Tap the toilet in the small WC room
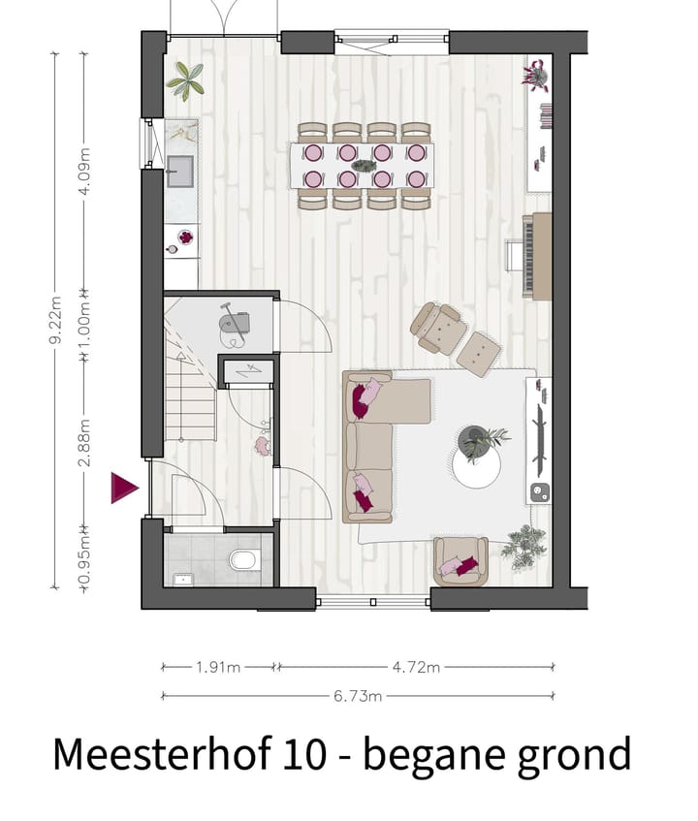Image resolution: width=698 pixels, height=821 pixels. click(244, 560)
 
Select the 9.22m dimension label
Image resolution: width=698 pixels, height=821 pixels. click(55, 320)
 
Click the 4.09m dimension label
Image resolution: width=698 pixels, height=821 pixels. click(84, 171)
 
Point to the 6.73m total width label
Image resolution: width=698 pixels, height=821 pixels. click(359, 695)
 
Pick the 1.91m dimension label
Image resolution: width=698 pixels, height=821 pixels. click(219, 667)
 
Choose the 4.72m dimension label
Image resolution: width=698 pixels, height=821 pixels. click(416, 667)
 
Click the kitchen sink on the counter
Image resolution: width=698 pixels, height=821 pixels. click(180, 172)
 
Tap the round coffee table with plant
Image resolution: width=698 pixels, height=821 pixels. click(478, 456)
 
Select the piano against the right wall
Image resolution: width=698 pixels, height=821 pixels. click(535, 256)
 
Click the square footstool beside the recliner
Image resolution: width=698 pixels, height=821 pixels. click(479, 354)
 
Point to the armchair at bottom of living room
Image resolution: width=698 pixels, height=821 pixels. click(460, 562)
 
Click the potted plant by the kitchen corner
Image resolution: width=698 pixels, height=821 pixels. click(184, 80)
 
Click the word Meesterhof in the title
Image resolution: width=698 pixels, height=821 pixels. click(155, 754)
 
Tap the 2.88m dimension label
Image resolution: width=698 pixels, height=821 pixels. click(84, 441)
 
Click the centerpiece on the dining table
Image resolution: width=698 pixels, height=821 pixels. click(365, 166)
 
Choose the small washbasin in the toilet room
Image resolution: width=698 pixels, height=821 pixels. click(181, 579)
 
